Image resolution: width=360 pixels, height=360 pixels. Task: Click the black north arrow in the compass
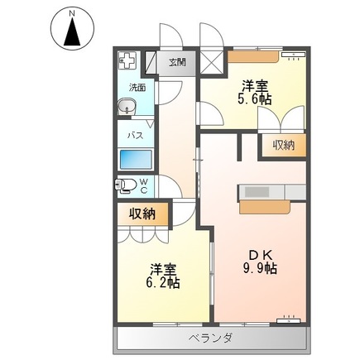tap(72, 31)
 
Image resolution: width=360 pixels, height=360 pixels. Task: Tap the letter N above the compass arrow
tap(72, 12)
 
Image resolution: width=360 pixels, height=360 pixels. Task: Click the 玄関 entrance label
tap(177, 62)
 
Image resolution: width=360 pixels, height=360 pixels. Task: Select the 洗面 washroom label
tap(137, 88)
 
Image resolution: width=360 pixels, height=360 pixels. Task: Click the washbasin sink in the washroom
tap(127, 107)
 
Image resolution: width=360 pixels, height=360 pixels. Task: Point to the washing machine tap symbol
tap(127, 61)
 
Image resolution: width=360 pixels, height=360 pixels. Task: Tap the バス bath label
tap(136, 136)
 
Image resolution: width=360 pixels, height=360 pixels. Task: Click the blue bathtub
tap(136, 160)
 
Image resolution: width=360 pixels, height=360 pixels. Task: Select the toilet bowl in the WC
tap(126, 185)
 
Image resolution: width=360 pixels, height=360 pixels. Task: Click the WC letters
tap(144, 185)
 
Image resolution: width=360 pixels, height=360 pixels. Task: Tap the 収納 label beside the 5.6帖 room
tap(284, 145)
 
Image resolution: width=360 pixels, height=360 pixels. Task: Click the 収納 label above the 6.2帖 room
tap(142, 214)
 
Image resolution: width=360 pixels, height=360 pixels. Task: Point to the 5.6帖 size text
tap(255, 99)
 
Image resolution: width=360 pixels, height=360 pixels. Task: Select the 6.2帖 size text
tap(163, 283)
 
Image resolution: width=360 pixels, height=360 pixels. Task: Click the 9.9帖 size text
tap(260, 268)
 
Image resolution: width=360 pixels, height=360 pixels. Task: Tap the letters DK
tap(261, 255)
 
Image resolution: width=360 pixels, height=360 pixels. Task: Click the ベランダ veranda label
tap(211, 338)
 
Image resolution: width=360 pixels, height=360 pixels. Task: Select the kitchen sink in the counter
tap(257, 192)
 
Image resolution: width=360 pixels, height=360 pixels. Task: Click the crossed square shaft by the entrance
tap(211, 63)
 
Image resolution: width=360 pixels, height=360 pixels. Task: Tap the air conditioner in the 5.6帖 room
tap(294, 55)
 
